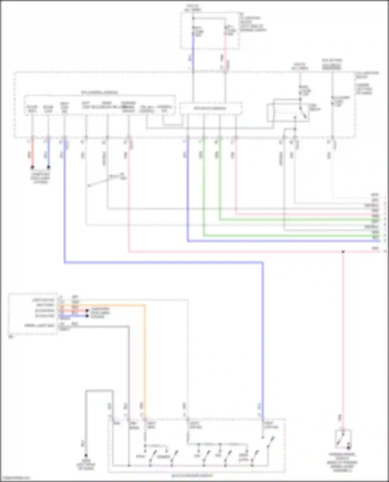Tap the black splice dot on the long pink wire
pos(343,252)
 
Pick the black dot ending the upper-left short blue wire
pos(48,167)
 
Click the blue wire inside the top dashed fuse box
pos(193,41)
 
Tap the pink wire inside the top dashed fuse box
pos(225,41)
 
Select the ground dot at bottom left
pos(86,455)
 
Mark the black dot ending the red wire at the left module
pos(87,310)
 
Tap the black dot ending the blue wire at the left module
pos(87,316)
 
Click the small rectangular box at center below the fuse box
pos(211,108)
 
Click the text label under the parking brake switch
pos(343,462)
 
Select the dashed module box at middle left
pos(33,314)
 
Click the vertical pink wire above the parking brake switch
pos(343,337)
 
